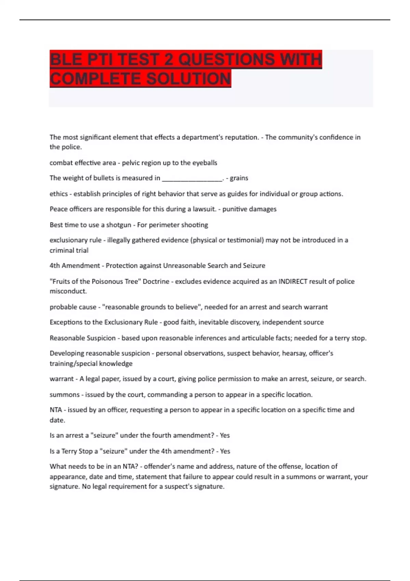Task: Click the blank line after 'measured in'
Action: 192,178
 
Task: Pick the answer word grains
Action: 239,178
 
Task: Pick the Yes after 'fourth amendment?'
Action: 224,435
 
